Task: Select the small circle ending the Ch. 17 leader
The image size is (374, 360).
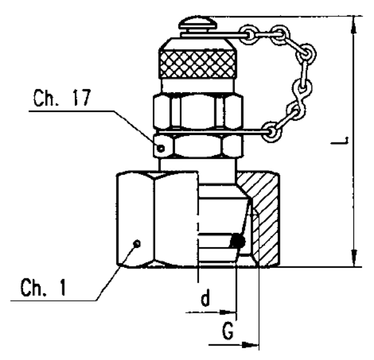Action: click(x=161, y=148)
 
